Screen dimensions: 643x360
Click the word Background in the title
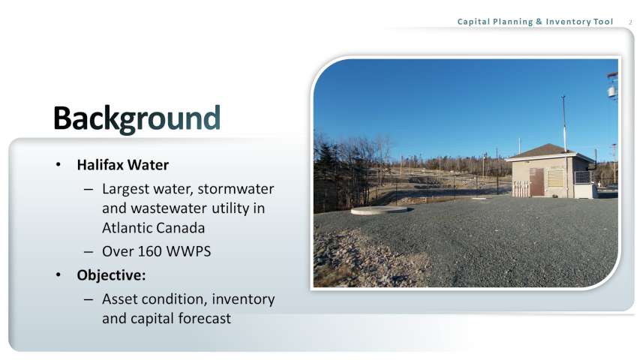pos(137,119)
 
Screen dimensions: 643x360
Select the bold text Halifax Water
pos(122,165)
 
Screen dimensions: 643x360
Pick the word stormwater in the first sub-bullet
pos(236,189)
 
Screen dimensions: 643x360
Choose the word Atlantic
pos(125,227)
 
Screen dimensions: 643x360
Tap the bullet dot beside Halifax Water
pos(59,165)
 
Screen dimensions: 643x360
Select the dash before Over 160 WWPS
pos(89,252)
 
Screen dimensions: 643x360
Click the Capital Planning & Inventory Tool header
pos(535,22)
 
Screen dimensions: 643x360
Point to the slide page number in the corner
pos(630,22)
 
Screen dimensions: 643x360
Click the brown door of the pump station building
pos(536,181)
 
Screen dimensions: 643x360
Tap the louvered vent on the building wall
pos(556,178)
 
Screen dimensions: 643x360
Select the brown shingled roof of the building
pos(548,151)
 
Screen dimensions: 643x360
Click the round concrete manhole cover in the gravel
pos(380,210)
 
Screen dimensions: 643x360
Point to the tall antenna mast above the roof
pos(564,124)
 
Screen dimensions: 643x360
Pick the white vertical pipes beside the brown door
pos(520,189)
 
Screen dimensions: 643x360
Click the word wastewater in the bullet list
pos(169,208)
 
